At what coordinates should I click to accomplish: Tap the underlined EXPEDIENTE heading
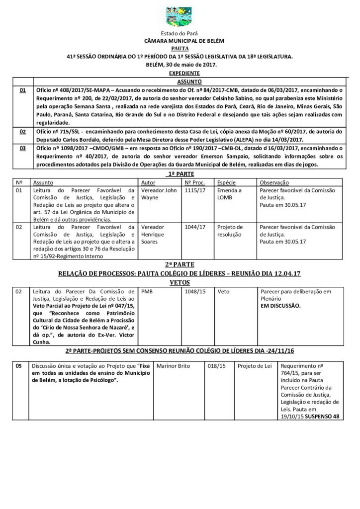coord(180,73)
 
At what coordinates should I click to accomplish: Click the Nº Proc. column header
coord(195,183)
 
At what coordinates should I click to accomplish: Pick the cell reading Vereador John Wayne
coord(159,194)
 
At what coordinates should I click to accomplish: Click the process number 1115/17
coord(194,190)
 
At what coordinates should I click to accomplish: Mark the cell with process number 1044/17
coord(194,227)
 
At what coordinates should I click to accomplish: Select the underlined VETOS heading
coord(180,281)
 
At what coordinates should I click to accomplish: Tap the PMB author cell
coord(148,292)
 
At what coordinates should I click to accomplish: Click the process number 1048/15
coord(194,292)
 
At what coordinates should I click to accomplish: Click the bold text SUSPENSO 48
coord(322,416)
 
